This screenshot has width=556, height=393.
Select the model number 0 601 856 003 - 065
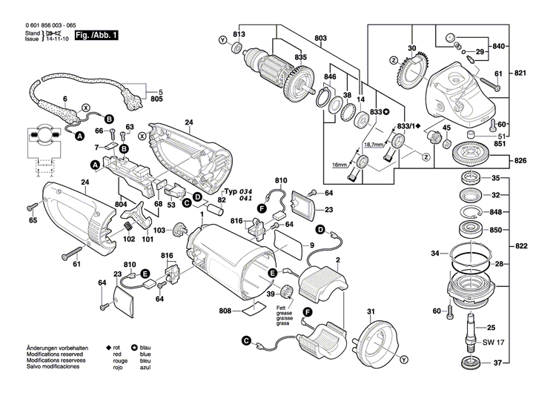tap(39, 26)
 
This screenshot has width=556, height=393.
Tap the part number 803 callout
tap(320, 38)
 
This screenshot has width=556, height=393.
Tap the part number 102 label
tap(129, 240)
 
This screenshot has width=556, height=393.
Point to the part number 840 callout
tap(499, 46)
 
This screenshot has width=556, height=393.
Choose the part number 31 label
tap(371, 311)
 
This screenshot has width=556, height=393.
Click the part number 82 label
tap(221, 200)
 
